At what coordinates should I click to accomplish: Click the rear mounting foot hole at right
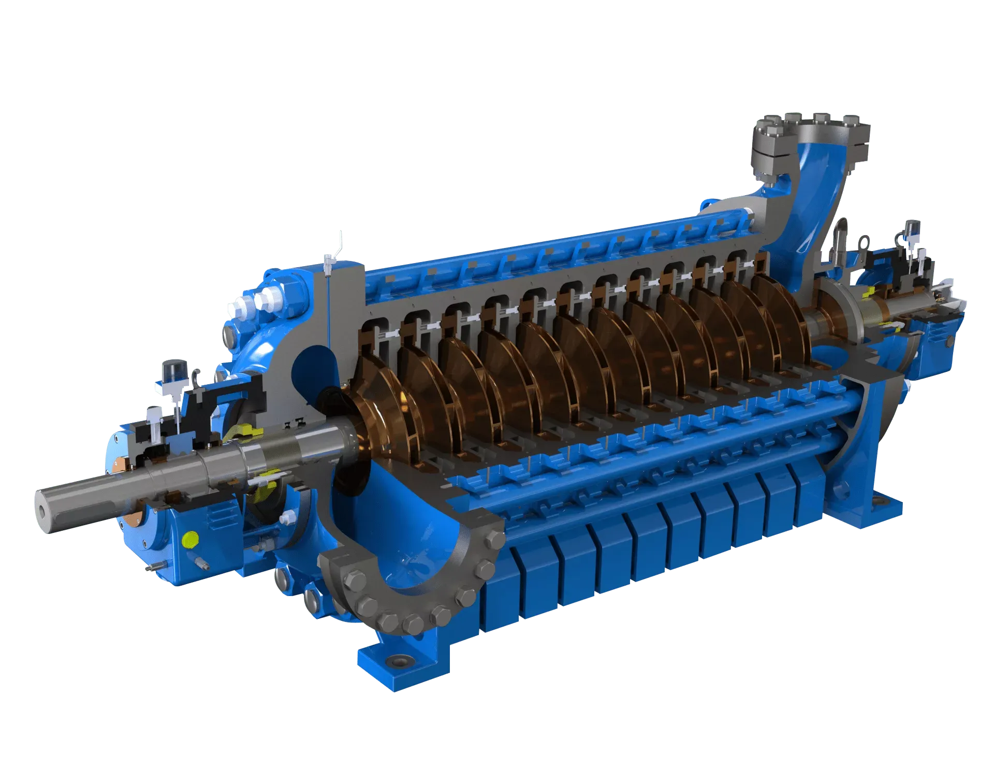click(879, 501)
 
